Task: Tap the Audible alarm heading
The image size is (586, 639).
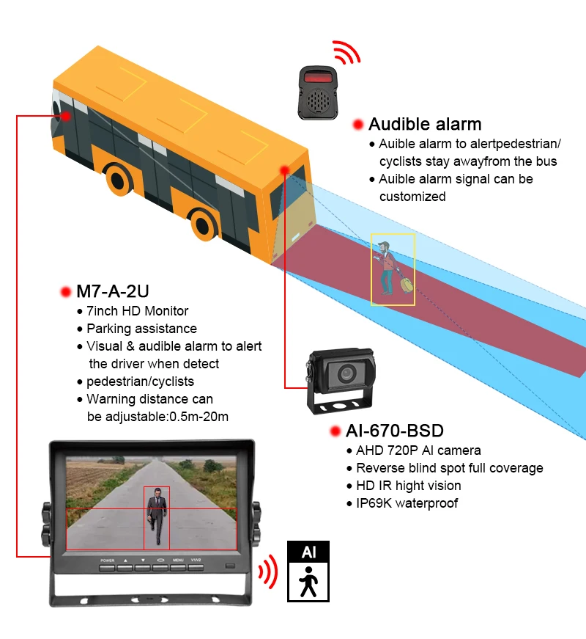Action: (x=425, y=124)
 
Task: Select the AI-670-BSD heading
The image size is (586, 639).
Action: (x=396, y=431)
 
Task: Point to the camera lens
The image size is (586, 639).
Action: (x=344, y=374)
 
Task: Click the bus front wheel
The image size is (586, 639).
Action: (x=119, y=178)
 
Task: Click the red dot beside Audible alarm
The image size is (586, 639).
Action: (x=358, y=125)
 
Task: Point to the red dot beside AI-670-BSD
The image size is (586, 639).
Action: (x=335, y=431)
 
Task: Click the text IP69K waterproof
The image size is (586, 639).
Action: (x=407, y=503)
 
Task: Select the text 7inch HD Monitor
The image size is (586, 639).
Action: (x=137, y=311)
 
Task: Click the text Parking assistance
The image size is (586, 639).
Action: (x=141, y=329)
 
